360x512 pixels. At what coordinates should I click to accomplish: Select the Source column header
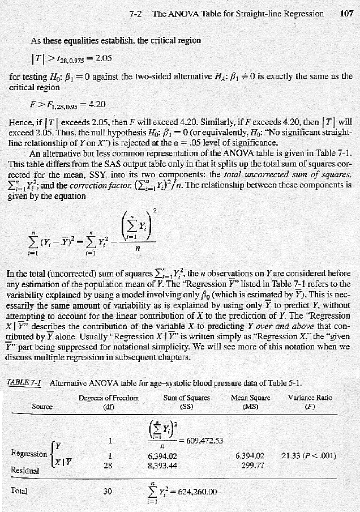click(42, 406)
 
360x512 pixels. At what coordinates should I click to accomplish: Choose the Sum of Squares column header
click(186, 402)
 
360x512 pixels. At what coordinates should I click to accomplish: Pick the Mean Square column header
click(251, 402)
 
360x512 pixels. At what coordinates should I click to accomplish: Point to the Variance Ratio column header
click(310, 402)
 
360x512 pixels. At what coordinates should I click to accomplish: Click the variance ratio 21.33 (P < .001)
click(309, 455)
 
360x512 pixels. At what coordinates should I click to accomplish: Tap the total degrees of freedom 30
click(109, 491)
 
